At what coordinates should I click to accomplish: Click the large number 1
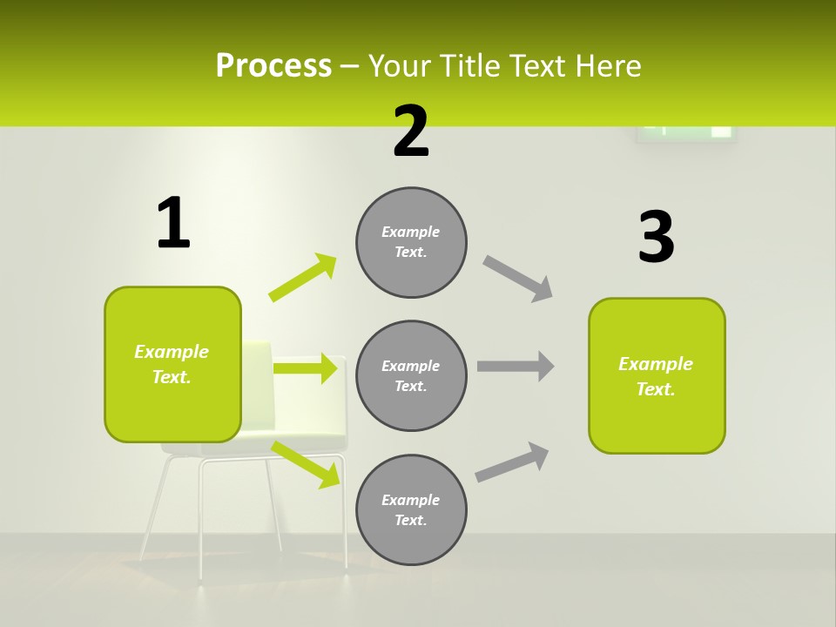[173, 224]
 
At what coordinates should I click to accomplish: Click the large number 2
[411, 132]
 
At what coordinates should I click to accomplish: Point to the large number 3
[656, 238]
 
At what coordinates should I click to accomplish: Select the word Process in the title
[273, 66]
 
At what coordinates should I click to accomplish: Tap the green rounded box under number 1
[172, 364]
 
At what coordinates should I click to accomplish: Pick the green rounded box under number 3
[657, 376]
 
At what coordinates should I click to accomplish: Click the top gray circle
[411, 242]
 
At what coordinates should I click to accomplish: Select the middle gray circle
[411, 375]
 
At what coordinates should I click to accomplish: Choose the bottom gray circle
[411, 509]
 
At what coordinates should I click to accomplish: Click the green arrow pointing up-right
[303, 278]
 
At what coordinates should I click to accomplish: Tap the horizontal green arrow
[305, 368]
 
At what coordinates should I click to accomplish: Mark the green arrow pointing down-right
[306, 463]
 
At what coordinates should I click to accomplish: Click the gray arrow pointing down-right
[518, 279]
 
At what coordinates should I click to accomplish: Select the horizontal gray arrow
[516, 366]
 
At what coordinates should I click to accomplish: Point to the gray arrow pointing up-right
[512, 462]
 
